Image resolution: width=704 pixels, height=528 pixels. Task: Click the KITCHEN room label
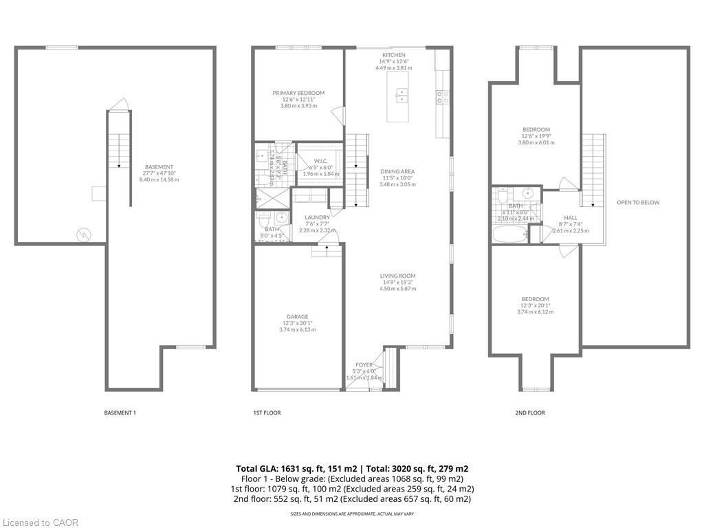(x=394, y=55)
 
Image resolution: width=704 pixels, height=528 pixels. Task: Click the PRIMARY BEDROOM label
(x=298, y=93)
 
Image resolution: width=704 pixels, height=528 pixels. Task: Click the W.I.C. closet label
(x=320, y=161)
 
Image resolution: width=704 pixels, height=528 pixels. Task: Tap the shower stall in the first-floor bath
(x=265, y=195)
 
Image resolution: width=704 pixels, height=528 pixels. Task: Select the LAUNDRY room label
(x=317, y=217)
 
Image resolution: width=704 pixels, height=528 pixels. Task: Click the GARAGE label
(x=297, y=317)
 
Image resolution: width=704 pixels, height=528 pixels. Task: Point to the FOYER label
(x=364, y=365)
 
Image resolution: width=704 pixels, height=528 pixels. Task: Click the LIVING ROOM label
(x=397, y=276)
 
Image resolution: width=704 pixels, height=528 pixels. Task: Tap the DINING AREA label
(x=397, y=172)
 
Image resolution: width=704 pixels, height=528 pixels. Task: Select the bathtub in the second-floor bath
(x=509, y=234)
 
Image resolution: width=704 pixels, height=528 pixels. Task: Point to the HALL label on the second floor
(x=570, y=217)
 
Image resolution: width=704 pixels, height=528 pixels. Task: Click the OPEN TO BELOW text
(x=637, y=203)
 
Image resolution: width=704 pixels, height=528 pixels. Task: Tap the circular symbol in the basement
(x=83, y=234)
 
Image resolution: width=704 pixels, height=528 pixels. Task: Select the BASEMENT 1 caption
(x=120, y=412)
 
